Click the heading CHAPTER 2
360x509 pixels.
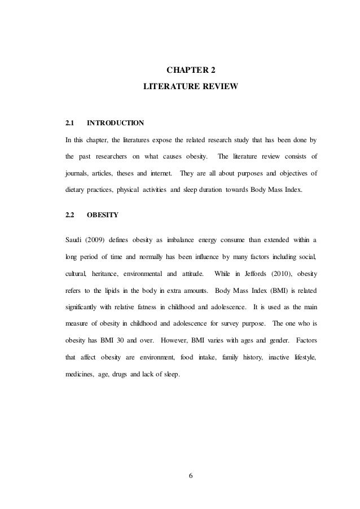pos(191,71)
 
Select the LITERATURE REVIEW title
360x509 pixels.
pos(191,88)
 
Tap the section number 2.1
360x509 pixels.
pos(70,122)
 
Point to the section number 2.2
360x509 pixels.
pos(70,215)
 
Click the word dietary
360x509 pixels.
pos(76,190)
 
